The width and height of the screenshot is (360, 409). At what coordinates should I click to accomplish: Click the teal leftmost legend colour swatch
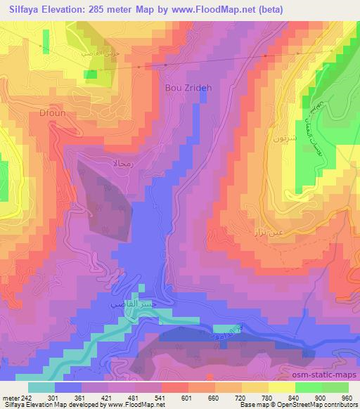point(42,386)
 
